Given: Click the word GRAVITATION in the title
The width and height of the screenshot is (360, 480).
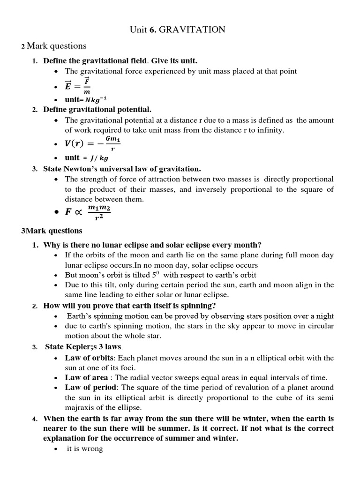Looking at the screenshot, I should click(192, 30).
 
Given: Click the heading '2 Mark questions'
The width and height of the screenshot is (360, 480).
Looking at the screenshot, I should click(54, 46).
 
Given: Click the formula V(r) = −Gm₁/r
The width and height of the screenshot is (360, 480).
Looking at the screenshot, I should click(93, 144).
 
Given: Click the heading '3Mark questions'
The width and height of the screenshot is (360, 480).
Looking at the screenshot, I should click(52, 231).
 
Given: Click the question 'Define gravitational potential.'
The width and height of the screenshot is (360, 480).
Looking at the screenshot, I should click(97, 109).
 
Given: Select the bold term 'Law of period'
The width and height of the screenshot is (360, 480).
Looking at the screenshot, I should click(86, 387).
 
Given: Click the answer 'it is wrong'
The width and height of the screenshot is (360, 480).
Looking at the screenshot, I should click(84, 449).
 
